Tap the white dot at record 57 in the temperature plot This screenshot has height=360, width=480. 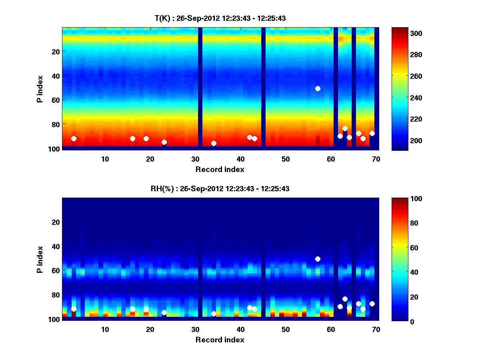318,88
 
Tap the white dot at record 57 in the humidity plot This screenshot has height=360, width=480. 318,259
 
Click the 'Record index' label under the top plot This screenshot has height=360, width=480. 220,169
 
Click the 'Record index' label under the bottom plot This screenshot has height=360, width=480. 220,340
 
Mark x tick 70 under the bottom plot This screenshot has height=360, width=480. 376,329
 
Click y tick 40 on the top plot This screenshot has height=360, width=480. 55,76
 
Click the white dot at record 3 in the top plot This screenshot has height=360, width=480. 74,139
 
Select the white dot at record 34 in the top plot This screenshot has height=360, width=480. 214,143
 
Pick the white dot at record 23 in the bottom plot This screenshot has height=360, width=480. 164,312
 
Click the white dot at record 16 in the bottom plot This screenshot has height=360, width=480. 132,309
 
